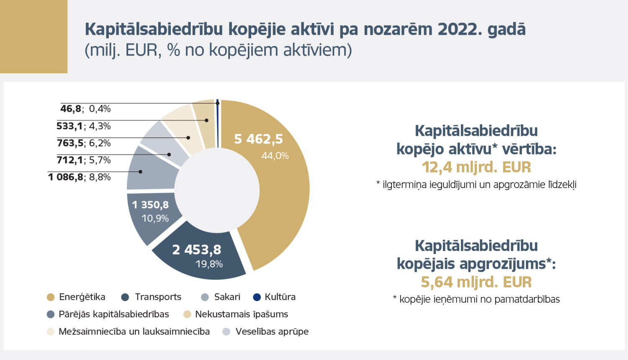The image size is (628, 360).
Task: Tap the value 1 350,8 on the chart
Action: click(150, 205)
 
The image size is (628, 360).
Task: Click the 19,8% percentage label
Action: click(209, 264)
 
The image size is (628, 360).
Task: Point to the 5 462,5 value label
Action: click(258, 139)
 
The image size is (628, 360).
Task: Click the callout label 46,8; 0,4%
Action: click(85, 109)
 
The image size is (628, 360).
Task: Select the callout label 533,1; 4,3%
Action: click(84, 126)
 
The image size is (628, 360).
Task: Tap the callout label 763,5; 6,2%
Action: click(84, 143)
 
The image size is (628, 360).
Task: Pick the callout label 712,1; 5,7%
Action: click(84, 160)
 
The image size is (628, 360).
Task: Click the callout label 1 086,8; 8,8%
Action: click(80, 177)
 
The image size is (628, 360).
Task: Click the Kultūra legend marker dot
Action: click(257, 297)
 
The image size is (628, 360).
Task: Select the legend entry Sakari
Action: click(227, 297)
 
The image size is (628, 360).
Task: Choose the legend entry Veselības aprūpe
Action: click(272, 332)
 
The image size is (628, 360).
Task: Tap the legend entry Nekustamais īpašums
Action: click(241, 314)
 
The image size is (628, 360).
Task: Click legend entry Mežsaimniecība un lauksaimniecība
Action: click(134, 332)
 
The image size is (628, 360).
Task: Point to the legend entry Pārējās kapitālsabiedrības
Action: click(113, 314)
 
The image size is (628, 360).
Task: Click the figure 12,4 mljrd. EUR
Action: click(476, 167)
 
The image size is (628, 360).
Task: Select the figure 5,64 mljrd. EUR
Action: click(476, 282)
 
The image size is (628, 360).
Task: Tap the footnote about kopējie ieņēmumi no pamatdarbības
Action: click(476, 299)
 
